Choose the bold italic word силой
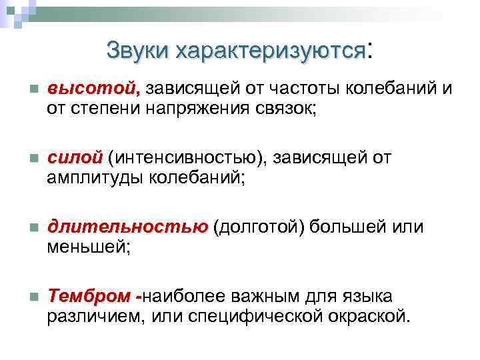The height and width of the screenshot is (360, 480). click(75, 158)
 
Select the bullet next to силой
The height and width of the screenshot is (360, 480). click(33, 159)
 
